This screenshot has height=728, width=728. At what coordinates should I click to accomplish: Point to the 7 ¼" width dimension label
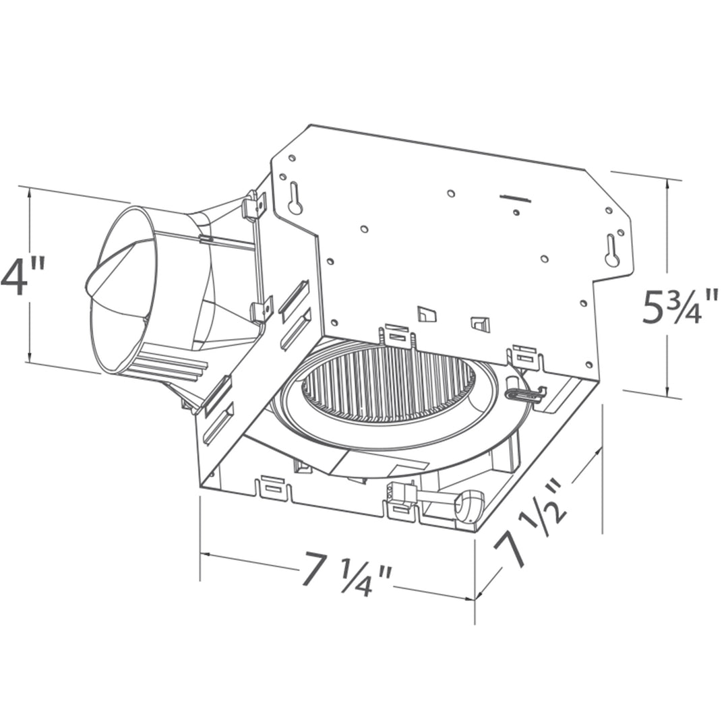346,574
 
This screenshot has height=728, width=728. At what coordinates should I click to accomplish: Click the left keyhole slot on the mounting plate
295,199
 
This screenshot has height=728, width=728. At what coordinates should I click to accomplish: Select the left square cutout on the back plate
426,313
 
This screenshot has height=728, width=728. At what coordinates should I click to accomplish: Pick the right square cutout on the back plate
480,324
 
